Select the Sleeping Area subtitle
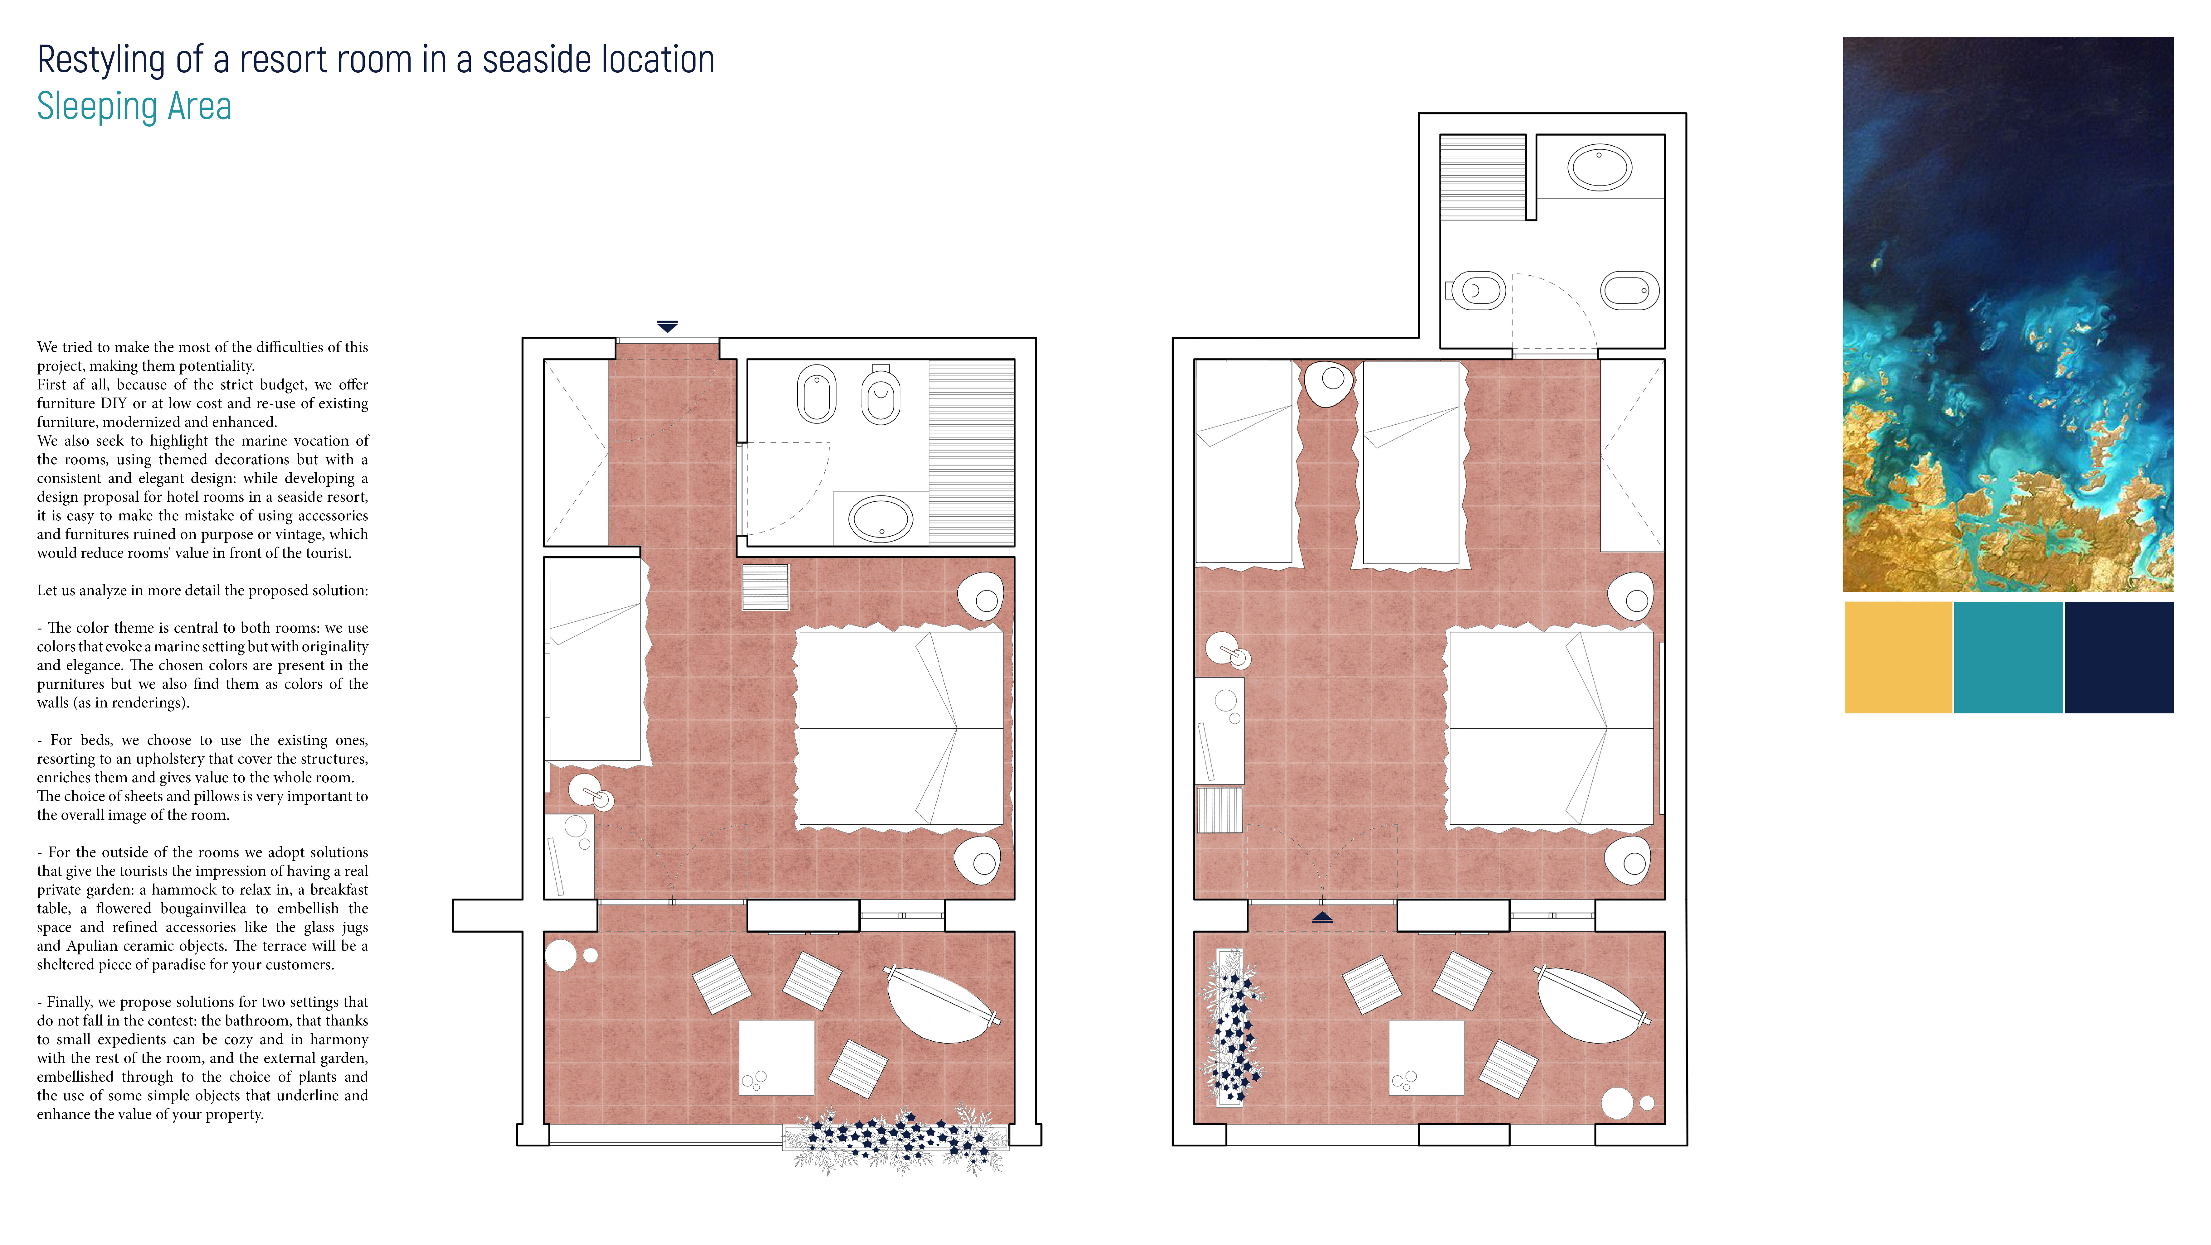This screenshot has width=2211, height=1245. [134, 106]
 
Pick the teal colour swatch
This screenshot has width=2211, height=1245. [2009, 657]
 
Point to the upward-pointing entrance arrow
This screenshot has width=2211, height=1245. [1323, 917]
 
